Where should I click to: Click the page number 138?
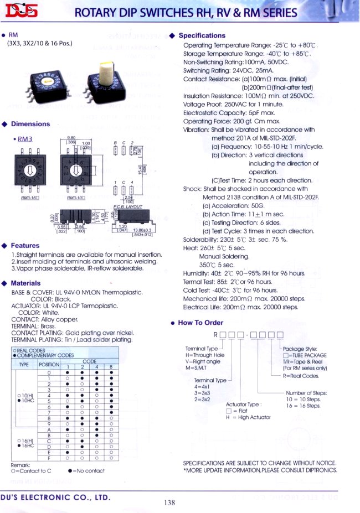pos(169,502)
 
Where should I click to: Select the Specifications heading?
pos(202,35)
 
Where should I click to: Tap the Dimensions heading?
pos(30,124)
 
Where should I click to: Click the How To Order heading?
pos(200,323)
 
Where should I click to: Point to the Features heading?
pos(25,245)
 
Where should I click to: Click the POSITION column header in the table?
pos(49,365)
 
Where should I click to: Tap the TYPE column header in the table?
pos(24,365)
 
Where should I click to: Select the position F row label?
pos(49,458)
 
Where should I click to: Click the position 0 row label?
pos(49,372)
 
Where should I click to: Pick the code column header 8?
pos(112,367)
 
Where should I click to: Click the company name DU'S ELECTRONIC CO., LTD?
pos(55,498)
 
